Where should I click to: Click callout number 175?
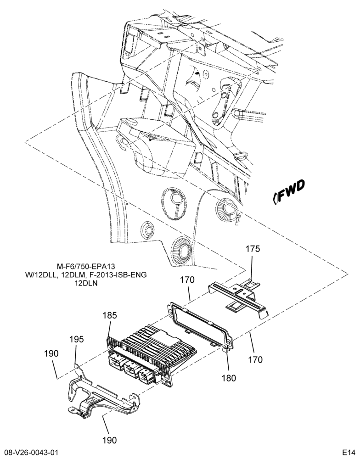pyautogui.click(x=253, y=249)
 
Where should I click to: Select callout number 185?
pyautogui.click(x=110, y=316)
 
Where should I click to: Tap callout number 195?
pyautogui.click(x=76, y=339)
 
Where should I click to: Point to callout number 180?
pyautogui.click(x=229, y=378)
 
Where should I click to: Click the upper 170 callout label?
pyautogui.click(x=187, y=280)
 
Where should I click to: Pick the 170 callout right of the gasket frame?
pyautogui.click(x=255, y=359)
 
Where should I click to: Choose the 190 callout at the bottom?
pyautogui.click(x=109, y=440)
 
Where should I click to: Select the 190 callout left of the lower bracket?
pyautogui.click(x=51, y=353)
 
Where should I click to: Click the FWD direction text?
pyautogui.click(x=291, y=192)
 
